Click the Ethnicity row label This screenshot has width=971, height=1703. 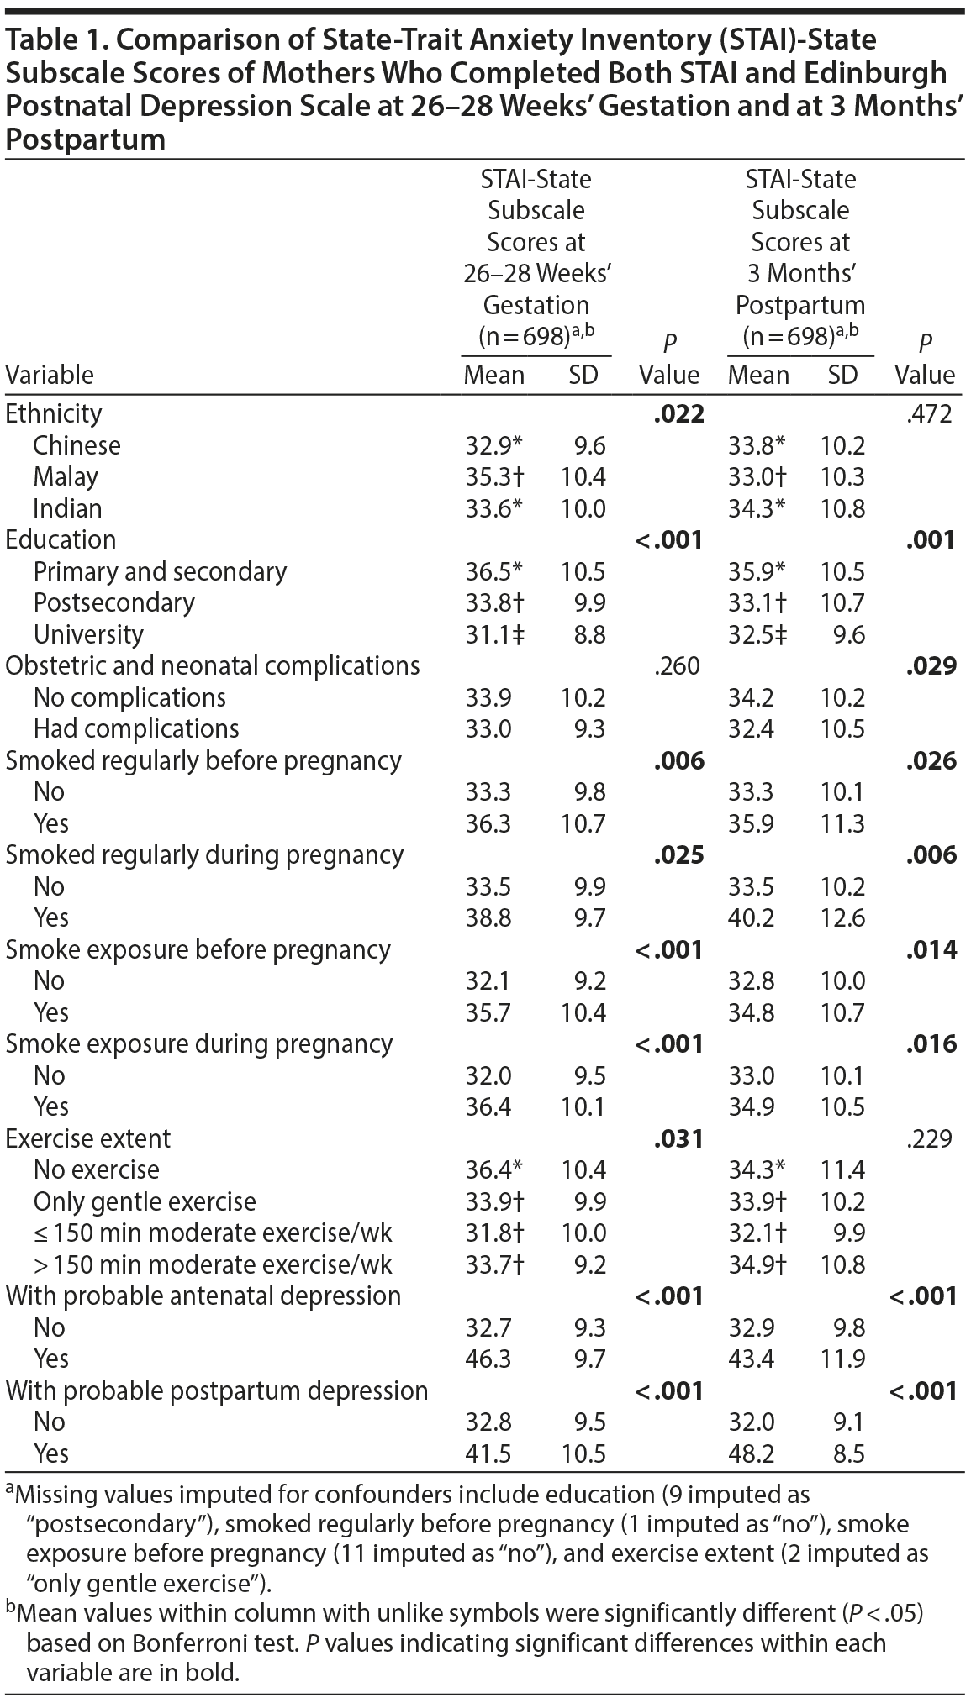[54, 413]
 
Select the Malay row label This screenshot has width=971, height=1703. [66, 476]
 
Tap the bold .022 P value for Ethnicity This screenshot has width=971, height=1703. [678, 413]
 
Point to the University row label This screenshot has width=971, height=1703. [88, 634]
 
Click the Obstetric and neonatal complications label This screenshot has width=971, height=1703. [213, 665]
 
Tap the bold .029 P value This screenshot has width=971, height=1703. [931, 665]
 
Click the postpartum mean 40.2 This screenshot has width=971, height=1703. [751, 917]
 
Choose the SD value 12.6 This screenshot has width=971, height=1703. [842, 917]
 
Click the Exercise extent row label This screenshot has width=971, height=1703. [88, 1138]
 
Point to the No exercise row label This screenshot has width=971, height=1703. [97, 1169]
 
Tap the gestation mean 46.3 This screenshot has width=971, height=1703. [488, 1359]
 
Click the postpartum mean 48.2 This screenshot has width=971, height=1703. [751, 1453]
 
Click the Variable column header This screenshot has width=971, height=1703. [50, 375]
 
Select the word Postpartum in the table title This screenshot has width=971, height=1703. [85, 139]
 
